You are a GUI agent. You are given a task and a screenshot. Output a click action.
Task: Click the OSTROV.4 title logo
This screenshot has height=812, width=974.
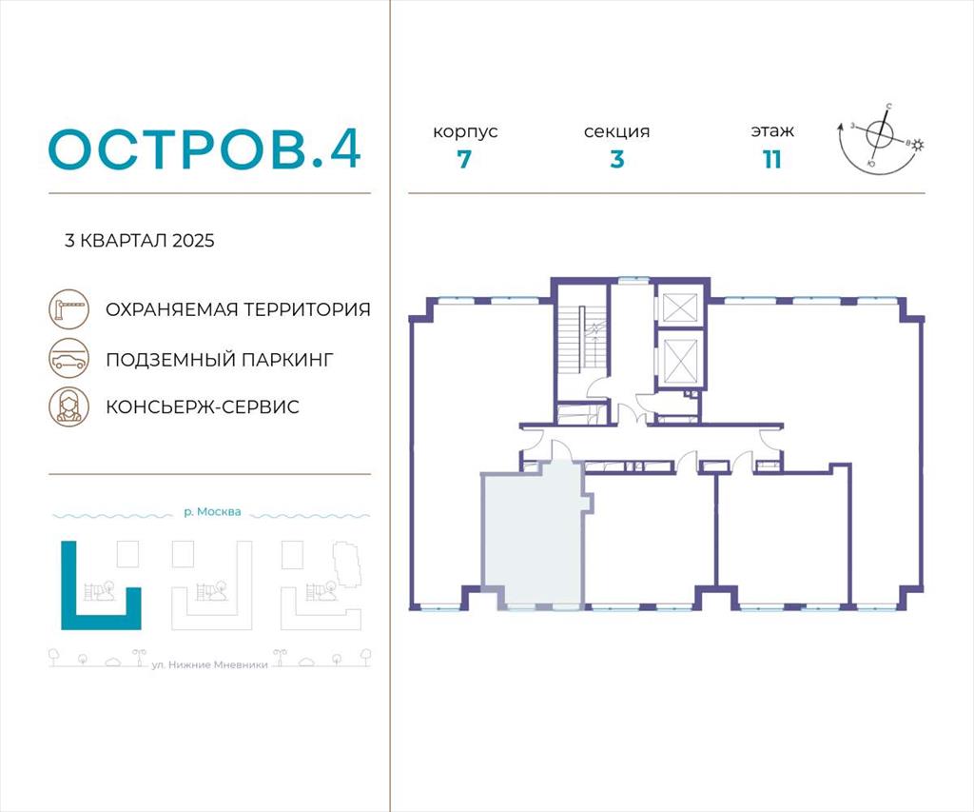[x=205, y=149]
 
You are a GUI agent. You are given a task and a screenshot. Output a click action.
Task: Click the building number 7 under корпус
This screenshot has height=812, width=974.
[x=464, y=160]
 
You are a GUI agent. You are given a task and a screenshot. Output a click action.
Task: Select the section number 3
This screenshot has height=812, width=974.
[x=616, y=160]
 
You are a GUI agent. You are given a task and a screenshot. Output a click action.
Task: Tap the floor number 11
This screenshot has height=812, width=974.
[x=772, y=160]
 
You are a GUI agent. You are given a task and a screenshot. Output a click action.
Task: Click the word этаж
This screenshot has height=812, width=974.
[x=772, y=131]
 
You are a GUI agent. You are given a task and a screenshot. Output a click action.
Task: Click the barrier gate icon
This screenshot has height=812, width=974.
[x=69, y=309]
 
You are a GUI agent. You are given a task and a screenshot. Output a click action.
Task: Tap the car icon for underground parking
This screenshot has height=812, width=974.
[x=69, y=359]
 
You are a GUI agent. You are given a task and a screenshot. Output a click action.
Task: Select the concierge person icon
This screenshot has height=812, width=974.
[x=69, y=406]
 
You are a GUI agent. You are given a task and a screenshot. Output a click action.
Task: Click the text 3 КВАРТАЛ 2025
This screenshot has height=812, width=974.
[x=140, y=241]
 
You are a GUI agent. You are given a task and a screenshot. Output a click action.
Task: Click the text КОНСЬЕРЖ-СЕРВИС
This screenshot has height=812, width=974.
[x=203, y=406]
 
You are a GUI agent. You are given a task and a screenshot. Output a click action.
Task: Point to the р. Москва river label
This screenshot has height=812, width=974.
[x=212, y=512]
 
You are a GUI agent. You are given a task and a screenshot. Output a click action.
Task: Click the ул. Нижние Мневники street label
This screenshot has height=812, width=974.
[x=210, y=664]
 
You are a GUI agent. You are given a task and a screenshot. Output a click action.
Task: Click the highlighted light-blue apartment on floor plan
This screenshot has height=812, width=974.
[x=533, y=535]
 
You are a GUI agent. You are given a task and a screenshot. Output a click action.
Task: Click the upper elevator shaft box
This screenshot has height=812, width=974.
[x=680, y=307]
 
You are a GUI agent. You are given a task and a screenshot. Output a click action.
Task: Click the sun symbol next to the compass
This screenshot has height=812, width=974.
[x=918, y=146]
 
